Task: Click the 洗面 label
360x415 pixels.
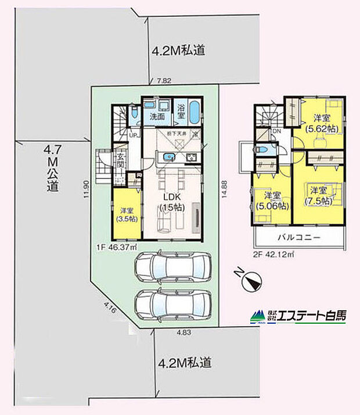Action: click(157, 117)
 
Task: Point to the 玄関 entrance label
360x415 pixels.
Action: click(121, 159)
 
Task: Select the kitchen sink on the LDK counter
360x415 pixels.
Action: click(169, 156)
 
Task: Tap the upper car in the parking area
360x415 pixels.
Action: click(172, 268)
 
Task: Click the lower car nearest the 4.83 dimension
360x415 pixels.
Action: click(172, 303)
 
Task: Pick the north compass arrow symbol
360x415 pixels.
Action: click(252, 283)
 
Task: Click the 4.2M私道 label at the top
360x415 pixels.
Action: click(178, 51)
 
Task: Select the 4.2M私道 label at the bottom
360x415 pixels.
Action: click(184, 363)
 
